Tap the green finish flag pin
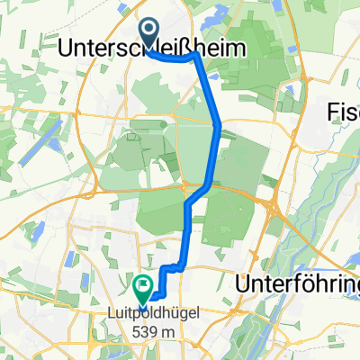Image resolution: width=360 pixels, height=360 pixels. click(x=142, y=288)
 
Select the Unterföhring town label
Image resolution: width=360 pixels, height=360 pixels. click(x=297, y=284)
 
